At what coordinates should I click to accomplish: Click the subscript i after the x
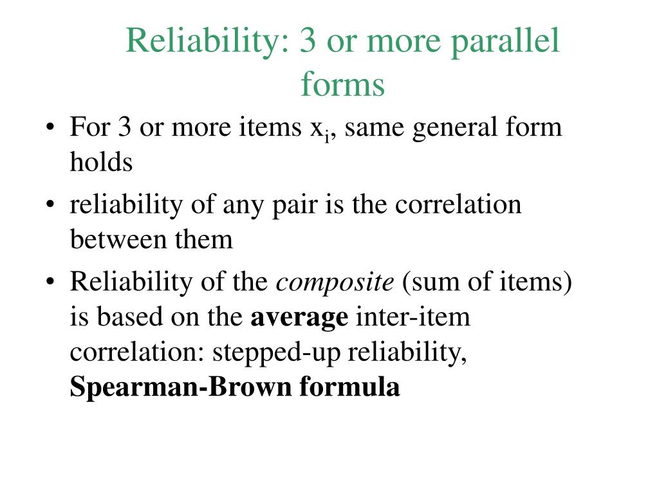coord(326,138)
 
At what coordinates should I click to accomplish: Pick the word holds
coord(101,161)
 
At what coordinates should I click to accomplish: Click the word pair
coord(295,206)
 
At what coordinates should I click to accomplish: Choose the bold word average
coord(299,318)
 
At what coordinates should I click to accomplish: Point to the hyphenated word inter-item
coord(413,316)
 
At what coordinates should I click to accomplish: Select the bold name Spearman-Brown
coord(180,387)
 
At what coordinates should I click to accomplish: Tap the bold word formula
coord(349,386)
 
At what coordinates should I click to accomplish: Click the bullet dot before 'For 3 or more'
coord(50,127)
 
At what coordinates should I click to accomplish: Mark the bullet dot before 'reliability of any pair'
coord(50,205)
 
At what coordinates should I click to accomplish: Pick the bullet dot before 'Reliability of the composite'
coord(50,281)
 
